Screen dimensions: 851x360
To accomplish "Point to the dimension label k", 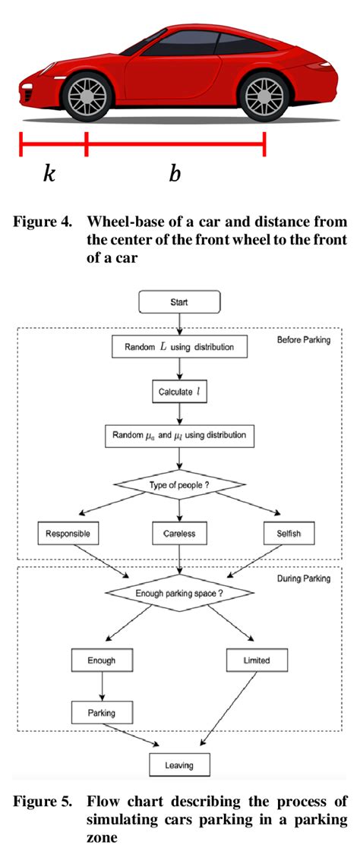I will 49,174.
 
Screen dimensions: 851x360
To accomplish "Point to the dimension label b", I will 175,174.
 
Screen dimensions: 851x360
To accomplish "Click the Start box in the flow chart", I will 179,303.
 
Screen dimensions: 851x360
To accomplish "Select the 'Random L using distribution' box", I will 179,348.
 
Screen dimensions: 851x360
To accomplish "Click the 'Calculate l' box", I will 179,392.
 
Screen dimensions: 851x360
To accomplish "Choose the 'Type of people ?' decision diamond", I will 179,484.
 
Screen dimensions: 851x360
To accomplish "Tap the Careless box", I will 179,534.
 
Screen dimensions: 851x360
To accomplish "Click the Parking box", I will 101,714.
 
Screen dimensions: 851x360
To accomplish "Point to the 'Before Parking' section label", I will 304,339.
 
